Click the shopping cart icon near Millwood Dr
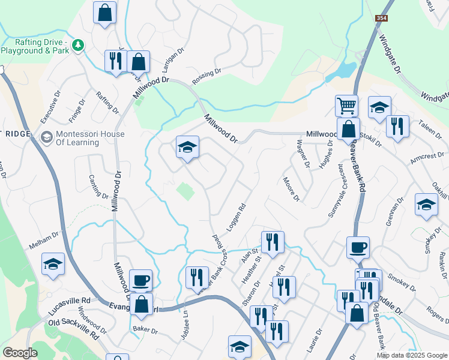tap(346, 106)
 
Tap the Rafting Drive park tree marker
tap(77, 46)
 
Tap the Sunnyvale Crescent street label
tap(336, 190)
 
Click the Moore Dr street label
tap(291, 188)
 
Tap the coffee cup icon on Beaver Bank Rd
tap(358, 247)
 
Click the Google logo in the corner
tap(20, 353)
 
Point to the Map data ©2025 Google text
tap(412, 355)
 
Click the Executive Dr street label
tap(51, 107)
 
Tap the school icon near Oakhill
tap(426, 205)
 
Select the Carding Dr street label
tap(98, 187)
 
